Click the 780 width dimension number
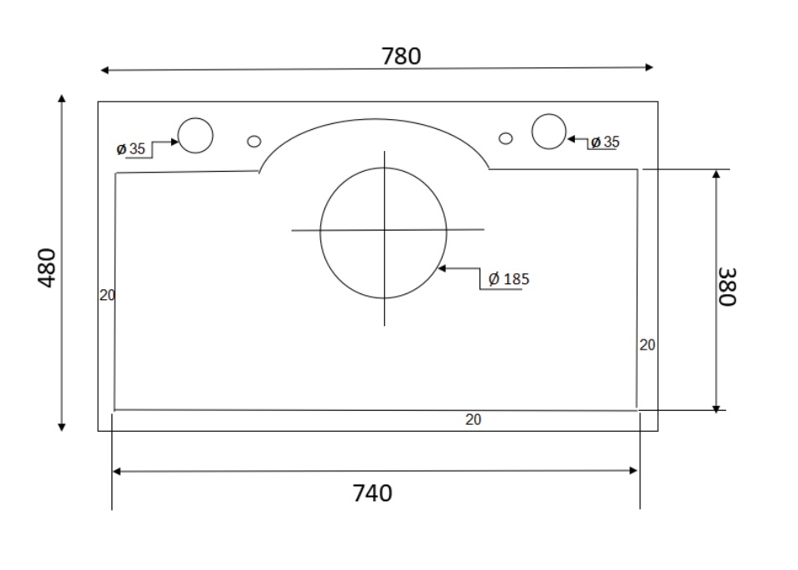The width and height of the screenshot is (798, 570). (401, 56)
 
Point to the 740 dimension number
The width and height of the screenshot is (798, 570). (372, 493)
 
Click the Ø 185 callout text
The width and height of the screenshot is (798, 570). (509, 279)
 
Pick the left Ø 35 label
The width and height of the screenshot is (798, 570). (131, 148)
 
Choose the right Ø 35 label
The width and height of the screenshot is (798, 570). (604, 142)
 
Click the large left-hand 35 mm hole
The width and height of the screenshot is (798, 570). (195, 136)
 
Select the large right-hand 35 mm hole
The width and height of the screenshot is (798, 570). (549, 132)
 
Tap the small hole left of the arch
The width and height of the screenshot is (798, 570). (255, 141)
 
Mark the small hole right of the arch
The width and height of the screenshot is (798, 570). (505, 138)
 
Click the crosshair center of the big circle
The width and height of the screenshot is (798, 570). (385, 229)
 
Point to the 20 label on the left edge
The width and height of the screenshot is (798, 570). (107, 295)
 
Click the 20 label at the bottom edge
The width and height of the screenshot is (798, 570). (474, 420)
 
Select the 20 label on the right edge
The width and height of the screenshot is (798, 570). (647, 345)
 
